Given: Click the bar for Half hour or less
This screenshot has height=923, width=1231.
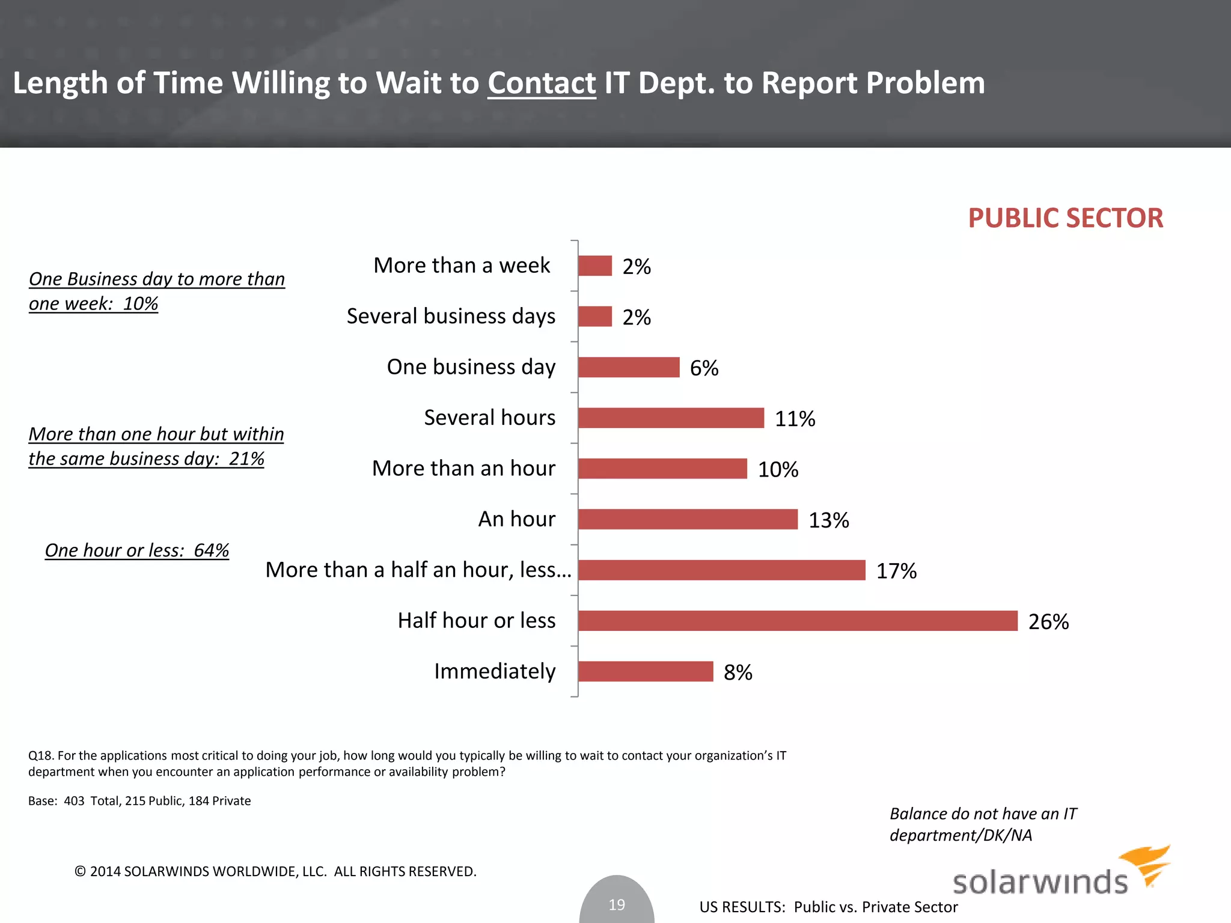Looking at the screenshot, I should tap(798, 621).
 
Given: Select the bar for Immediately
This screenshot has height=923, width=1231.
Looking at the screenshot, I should tap(646, 671).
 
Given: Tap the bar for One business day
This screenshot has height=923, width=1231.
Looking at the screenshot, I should tap(629, 367).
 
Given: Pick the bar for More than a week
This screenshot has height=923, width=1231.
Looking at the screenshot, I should tap(595, 266).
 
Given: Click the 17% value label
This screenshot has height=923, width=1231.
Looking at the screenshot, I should tap(896, 571).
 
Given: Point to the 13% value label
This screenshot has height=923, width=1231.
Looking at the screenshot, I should tap(828, 520).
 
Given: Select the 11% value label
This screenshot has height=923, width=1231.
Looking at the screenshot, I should tap(795, 419).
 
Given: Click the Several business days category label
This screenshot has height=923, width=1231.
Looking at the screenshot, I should tap(451, 316).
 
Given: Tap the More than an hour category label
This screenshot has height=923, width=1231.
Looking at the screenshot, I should tap(463, 468).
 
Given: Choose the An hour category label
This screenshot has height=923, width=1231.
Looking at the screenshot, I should tap(517, 519).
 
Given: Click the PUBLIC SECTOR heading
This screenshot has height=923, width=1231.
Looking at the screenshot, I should tap(1065, 218).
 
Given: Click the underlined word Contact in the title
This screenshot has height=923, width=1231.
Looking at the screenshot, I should tap(542, 83).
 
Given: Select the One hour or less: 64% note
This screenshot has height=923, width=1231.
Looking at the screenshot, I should tap(137, 550).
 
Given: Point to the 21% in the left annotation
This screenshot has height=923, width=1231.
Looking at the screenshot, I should tap(246, 459).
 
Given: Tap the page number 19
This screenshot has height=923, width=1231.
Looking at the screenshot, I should tap(617, 904).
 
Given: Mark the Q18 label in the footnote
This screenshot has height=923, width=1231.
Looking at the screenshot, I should tap(41, 756).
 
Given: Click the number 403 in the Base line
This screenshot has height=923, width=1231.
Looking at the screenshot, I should tap(74, 801).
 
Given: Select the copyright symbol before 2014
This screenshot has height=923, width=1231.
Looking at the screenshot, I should tap(80, 871).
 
